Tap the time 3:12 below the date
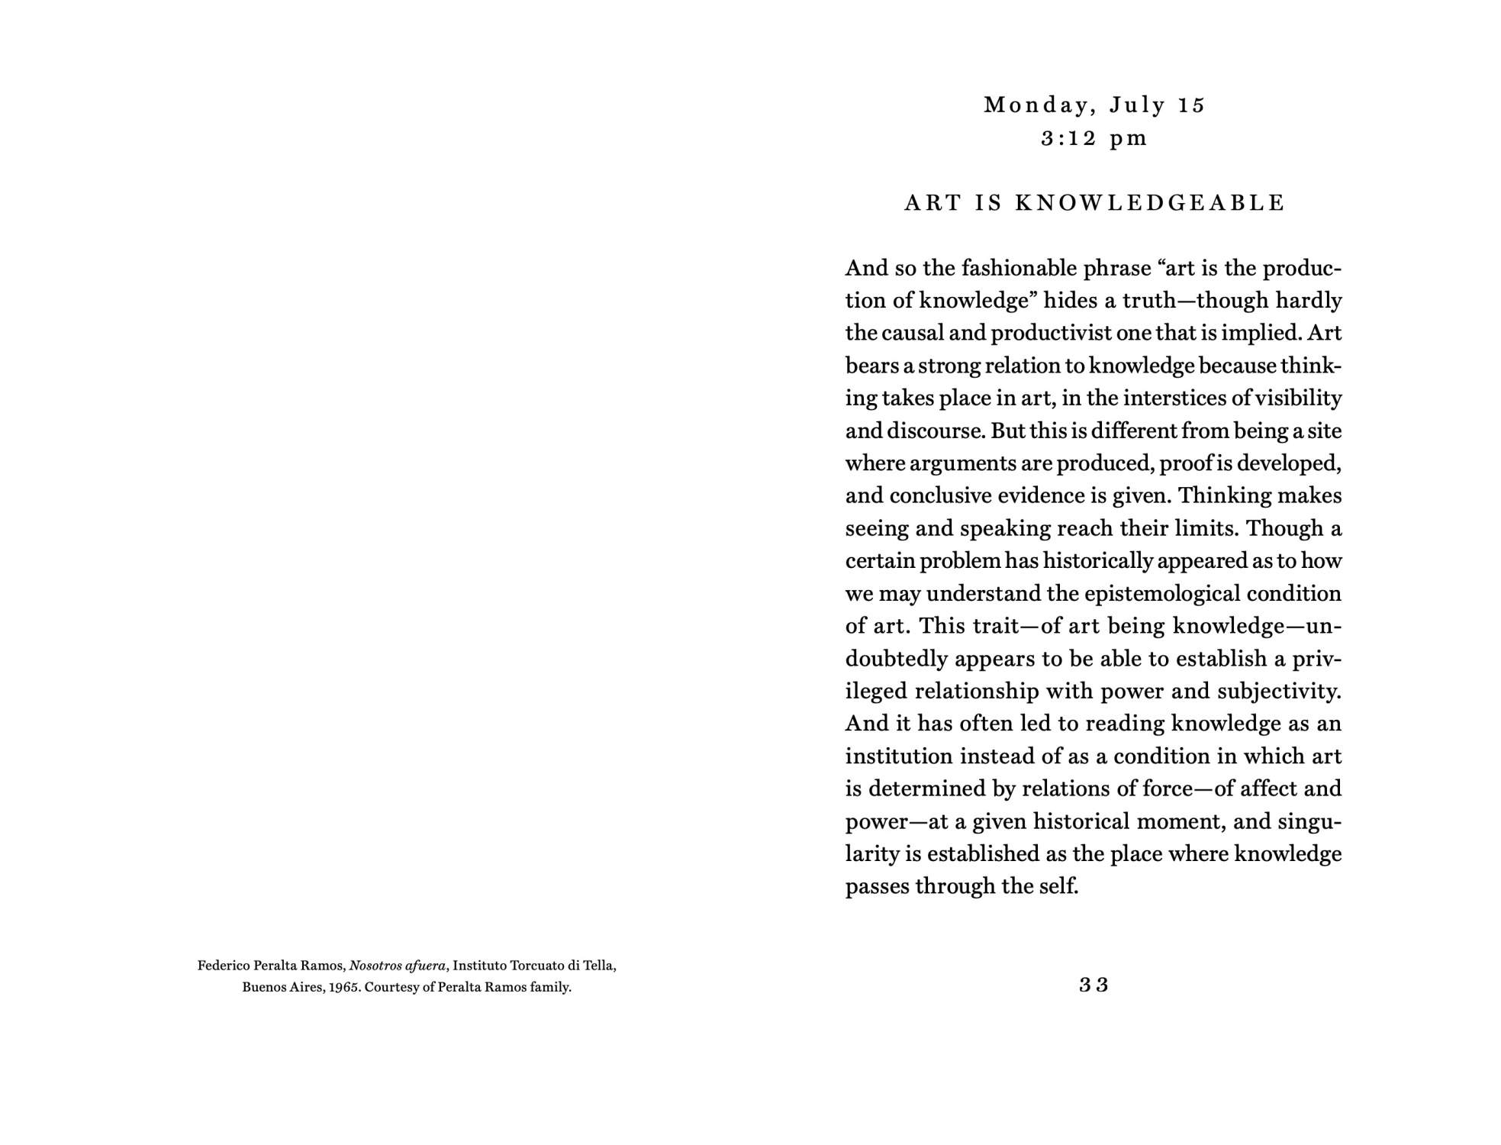(1068, 139)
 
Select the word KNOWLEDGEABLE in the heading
(1150, 203)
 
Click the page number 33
(1094, 985)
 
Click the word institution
(898, 756)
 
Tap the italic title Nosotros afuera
(398, 966)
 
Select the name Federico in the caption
(222, 966)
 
